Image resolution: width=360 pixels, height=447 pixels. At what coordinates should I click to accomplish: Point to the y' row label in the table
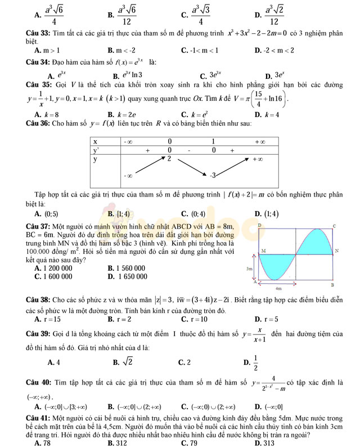click(96, 150)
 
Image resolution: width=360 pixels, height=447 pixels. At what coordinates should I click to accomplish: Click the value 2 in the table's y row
click(169, 159)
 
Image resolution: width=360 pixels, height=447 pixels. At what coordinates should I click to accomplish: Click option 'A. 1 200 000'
click(53, 269)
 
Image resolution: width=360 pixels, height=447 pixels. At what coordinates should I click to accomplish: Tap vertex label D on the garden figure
click(259, 225)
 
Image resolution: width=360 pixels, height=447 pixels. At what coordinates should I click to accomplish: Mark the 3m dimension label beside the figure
click(250, 269)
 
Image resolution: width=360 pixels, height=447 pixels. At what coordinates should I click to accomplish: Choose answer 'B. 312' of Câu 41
click(117, 442)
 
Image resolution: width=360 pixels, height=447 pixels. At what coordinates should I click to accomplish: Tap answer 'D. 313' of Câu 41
click(264, 442)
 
